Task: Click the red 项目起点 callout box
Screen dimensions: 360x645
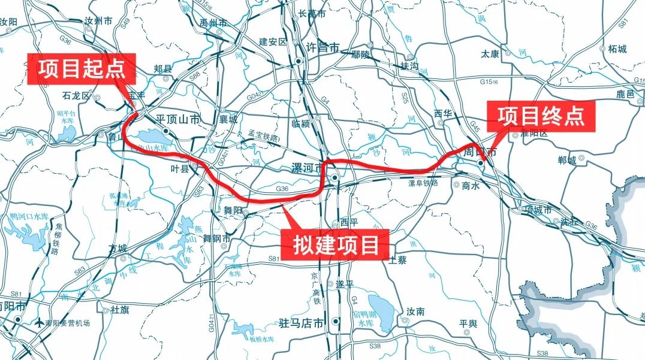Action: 82,69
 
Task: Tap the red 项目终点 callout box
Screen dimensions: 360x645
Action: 540,116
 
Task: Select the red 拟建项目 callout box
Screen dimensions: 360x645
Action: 336,245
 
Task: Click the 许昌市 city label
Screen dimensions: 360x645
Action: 322,47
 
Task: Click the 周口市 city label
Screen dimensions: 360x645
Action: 481,153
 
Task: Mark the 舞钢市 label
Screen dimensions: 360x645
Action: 217,238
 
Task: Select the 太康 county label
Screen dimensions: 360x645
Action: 490,53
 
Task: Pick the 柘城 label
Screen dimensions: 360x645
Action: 617,49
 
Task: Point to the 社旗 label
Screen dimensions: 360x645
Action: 120,310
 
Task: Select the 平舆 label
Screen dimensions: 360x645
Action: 468,323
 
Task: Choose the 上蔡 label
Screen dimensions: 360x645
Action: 397,260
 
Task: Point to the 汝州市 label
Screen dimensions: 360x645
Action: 99,21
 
